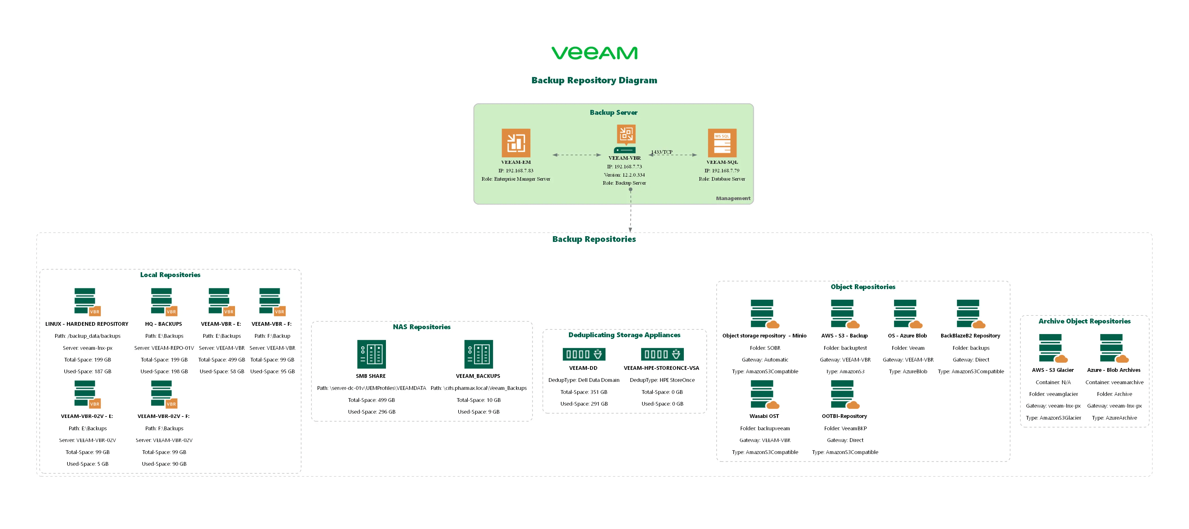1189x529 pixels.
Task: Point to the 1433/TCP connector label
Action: tap(662, 152)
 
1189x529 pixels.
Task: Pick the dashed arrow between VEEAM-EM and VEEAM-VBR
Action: tap(577, 155)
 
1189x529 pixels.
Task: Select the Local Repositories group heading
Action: tap(170, 275)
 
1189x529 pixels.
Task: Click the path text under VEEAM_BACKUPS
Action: tap(478, 388)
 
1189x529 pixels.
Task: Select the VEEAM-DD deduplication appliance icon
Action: tap(583, 354)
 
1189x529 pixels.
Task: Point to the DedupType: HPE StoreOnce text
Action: tap(662, 380)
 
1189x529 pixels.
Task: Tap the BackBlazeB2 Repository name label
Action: tap(970, 336)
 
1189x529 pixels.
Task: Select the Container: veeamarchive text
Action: tap(1114, 382)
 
